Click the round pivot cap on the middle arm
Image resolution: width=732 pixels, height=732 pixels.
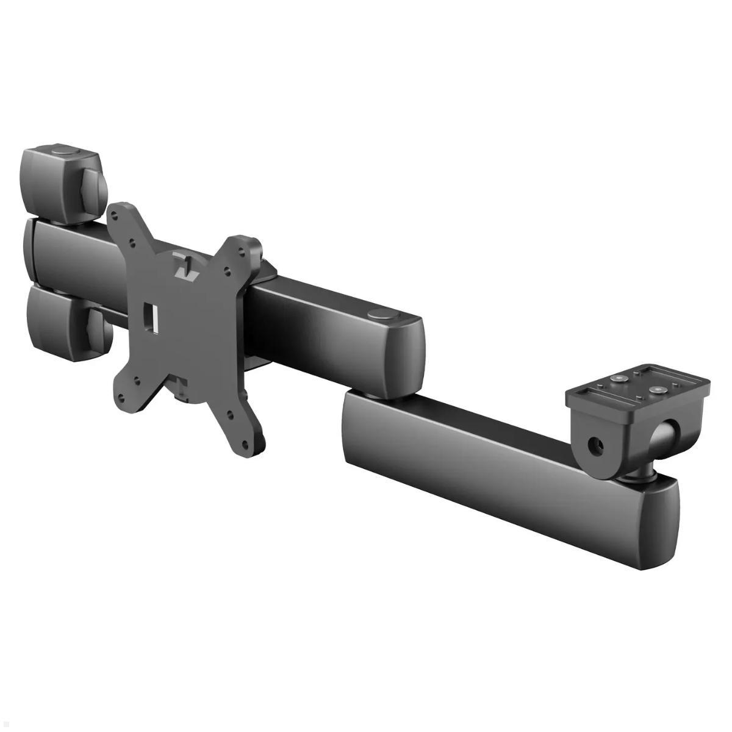tap(382, 315)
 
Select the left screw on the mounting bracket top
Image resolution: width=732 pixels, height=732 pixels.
tap(620, 379)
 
